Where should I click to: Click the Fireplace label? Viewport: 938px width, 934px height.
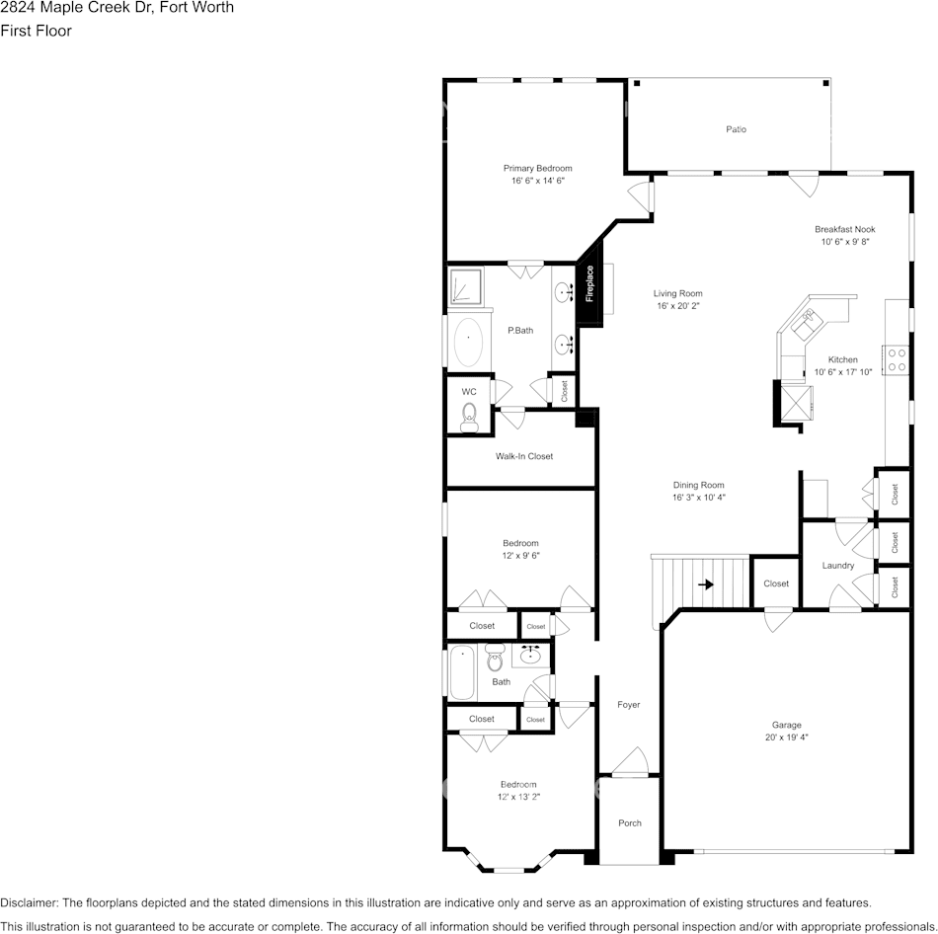(589, 283)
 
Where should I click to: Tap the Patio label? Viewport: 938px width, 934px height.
(736, 129)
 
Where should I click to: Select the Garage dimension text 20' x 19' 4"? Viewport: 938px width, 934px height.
(786, 737)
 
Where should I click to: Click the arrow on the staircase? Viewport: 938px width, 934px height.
(706, 584)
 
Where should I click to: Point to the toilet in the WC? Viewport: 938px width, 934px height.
(470, 414)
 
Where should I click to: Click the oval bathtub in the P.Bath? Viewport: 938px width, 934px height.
(469, 341)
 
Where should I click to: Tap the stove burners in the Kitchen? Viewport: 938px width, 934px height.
(897, 359)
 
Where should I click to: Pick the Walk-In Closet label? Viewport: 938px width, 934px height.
(524, 456)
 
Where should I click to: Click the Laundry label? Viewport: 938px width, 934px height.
(837, 566)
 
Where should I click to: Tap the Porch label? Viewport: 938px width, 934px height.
(629, 822)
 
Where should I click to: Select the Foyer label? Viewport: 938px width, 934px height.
(628, 705)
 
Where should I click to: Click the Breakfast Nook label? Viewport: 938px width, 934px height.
(844, 229)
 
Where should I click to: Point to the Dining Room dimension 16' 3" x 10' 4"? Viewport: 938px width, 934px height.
(699, 498)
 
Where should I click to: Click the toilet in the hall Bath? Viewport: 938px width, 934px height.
(495, 659)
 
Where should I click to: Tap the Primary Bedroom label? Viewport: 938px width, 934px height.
(537, 168)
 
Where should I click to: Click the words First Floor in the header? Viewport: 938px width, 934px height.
(36, 31)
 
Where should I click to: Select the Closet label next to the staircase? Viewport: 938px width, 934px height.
(776, 584)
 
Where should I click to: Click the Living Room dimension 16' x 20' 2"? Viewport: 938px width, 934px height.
(678, 306)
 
